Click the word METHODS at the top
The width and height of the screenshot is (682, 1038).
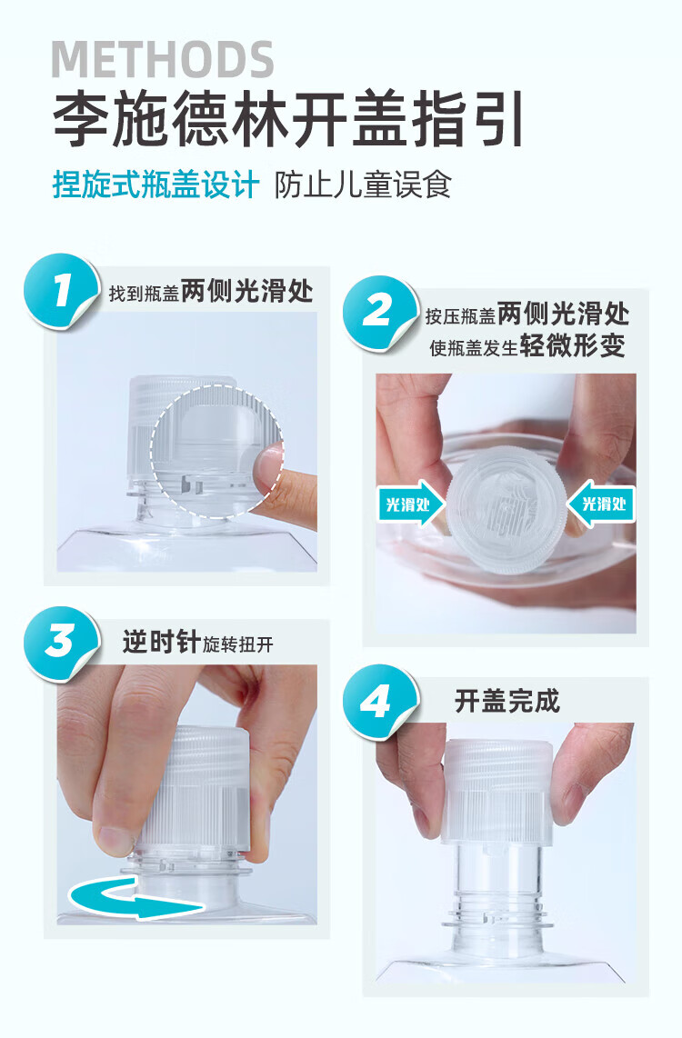click(x=162, y=60)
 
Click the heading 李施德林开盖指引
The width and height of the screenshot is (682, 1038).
click(x=288, y=119)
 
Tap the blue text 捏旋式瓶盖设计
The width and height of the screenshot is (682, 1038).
click(x=155, y=185)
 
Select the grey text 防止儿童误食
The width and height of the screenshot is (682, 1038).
click(x=363, y=185)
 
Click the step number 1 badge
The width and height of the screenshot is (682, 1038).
click(x=62, y=291)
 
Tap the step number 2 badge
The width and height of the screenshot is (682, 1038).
click(x=379, y=313)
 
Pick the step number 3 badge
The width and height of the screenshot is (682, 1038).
click(x=62, y=643)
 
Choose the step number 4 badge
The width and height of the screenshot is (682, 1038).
click(x=379, y=702)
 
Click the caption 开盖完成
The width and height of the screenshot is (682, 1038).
click(x=507, y=701)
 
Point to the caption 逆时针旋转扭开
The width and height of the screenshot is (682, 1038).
click(x=197, y=643)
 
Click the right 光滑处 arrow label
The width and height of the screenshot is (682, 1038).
click(x=601, y=504)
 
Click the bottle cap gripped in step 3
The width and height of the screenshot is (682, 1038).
click(x=196, y=791)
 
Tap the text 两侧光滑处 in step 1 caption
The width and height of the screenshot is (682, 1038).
click(x=247, y=291)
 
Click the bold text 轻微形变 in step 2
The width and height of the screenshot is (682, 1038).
click(x=573, y=345)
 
